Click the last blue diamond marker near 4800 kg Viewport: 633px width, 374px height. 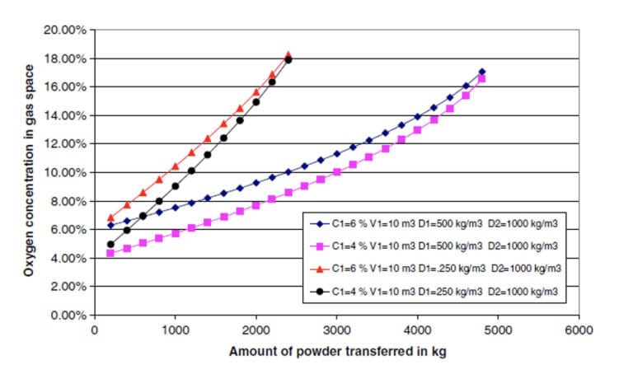(x=482, y=72)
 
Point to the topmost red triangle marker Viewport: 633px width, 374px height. (x=288, y=55)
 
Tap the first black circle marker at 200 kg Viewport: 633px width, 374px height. (x=110, y=245)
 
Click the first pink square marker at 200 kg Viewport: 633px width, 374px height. (x=110, y=254)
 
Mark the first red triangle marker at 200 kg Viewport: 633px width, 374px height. (x=110, y=218)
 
